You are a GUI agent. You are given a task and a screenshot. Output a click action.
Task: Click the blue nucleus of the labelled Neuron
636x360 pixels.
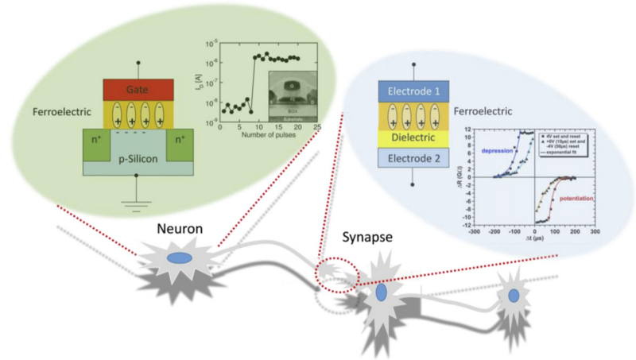[x=179, y=257]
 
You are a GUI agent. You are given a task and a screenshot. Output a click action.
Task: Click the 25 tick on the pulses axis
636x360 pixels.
[x=317, y=126]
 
